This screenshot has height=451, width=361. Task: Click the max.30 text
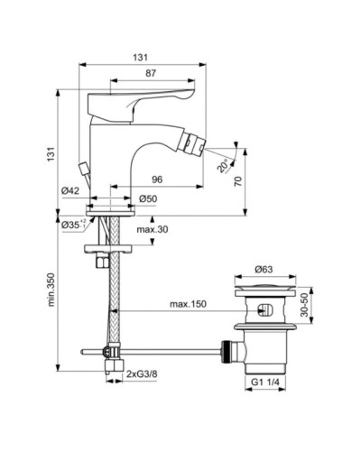coord(152,231)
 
